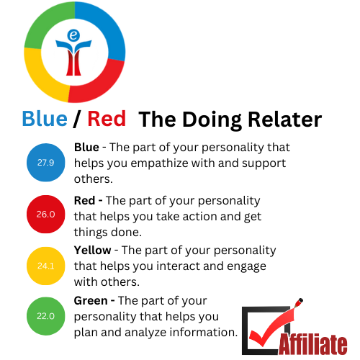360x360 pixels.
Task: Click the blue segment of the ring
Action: click(106, 27)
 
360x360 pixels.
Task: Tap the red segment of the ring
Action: click(101, 81)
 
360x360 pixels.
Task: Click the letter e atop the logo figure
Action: click(73, 35)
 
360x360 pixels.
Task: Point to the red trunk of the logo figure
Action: click(73, 63)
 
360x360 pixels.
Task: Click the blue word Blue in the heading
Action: click(45, 119)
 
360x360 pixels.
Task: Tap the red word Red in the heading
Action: click(107, 119)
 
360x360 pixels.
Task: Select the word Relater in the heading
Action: click(284, 120)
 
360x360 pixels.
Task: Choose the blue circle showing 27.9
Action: click(46, 163)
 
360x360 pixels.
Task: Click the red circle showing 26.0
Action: click(46, 214)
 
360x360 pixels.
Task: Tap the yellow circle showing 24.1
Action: click(46, 266)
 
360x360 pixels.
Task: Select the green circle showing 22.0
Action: click(46, 316)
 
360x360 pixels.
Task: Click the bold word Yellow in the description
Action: click(92, 251)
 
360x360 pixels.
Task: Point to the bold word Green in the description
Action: click(91, 301)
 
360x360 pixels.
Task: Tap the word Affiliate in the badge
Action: click(313, 344)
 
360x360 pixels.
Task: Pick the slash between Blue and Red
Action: click(77, 119)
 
